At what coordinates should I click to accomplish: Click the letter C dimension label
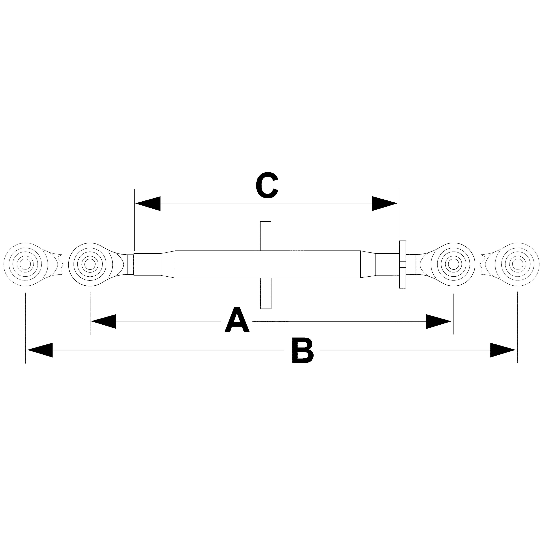267,185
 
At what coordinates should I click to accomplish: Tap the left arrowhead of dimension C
148,203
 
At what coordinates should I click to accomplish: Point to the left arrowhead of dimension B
40,350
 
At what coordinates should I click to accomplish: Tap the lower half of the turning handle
266,293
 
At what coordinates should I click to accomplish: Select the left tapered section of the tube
168,264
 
